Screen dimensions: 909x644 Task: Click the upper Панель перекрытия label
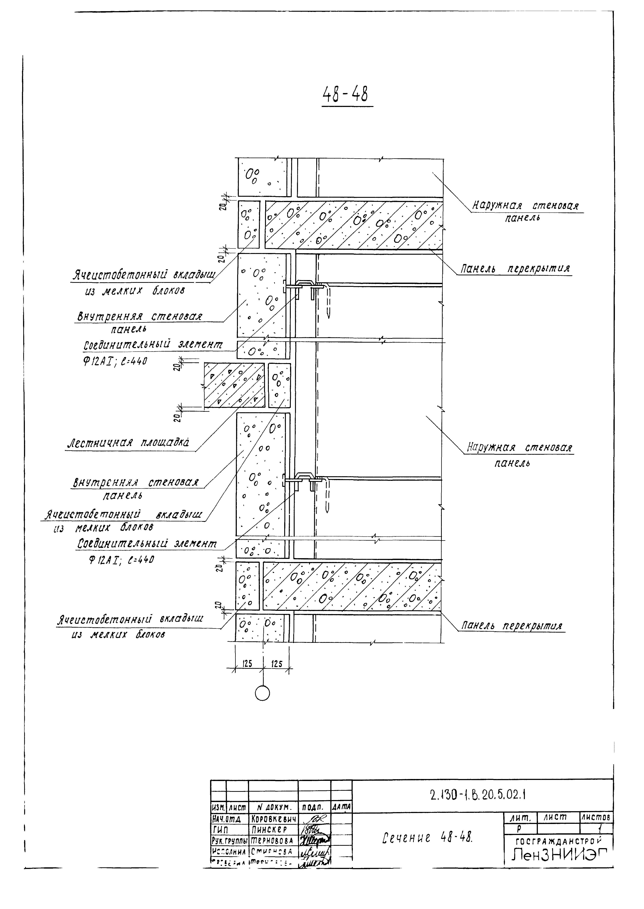[x=515, y=269]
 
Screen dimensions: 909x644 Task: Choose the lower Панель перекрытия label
[x=512, y=626]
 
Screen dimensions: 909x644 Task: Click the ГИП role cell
[x=218, y=829]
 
